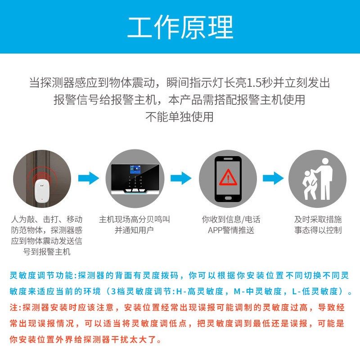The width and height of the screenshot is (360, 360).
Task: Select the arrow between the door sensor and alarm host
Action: (x=88, y=178)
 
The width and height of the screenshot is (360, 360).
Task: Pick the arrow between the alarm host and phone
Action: (x=181, y=178)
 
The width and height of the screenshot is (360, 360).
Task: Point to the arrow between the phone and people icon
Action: (x=273, y=178)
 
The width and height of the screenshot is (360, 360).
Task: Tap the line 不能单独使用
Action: (x=180, y=117)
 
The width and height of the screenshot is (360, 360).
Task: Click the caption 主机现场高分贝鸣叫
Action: (x=135, y=220)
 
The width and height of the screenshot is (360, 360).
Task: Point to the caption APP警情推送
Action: (x=231, y=230)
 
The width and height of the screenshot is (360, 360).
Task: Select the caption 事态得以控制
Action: (x=318, y=230)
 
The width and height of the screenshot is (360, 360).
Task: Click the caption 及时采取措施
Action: (x=318, y=220)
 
